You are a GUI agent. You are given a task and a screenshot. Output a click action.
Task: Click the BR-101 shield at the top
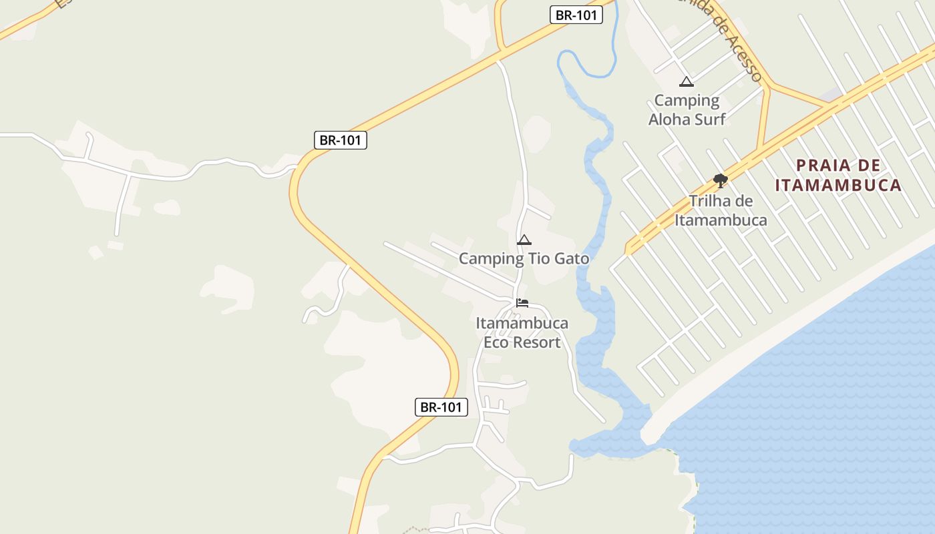[576, 15]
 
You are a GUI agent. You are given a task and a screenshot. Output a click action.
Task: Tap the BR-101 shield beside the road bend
[340, 140]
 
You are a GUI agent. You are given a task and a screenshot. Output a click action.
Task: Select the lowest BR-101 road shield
[441, 407]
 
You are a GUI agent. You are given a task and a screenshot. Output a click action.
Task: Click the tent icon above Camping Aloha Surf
[686, 82]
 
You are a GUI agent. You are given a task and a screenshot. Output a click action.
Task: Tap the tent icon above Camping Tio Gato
[524, 240]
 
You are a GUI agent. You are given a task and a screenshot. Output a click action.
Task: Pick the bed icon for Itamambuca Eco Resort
[522, 303]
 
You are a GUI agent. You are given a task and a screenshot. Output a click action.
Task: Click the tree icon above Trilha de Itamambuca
[720, 180]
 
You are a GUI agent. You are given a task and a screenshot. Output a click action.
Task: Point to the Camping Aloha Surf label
[687, 109]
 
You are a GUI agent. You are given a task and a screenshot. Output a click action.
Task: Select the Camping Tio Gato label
[524, 258]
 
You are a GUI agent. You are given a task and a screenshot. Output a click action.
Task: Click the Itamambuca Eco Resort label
[522, 332]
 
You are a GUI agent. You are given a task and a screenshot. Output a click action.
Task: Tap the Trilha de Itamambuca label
[721, 210]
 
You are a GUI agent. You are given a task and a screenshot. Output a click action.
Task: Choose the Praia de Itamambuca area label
[839, 175]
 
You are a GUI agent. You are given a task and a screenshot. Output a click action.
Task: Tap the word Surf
[709, 119]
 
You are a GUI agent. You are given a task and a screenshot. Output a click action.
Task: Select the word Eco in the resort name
[496, 342]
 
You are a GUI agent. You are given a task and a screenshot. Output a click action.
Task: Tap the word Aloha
[669, 119]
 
